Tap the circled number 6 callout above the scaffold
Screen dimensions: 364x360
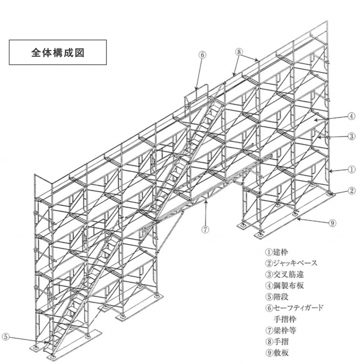(202, 54)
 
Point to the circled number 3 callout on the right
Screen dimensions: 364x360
(352, 136)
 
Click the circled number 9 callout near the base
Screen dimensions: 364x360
(332, 223)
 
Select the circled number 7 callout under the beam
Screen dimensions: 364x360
(205, 230)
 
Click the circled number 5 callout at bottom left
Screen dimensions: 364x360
(5, 336)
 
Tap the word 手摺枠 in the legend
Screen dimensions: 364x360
(283, 319)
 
